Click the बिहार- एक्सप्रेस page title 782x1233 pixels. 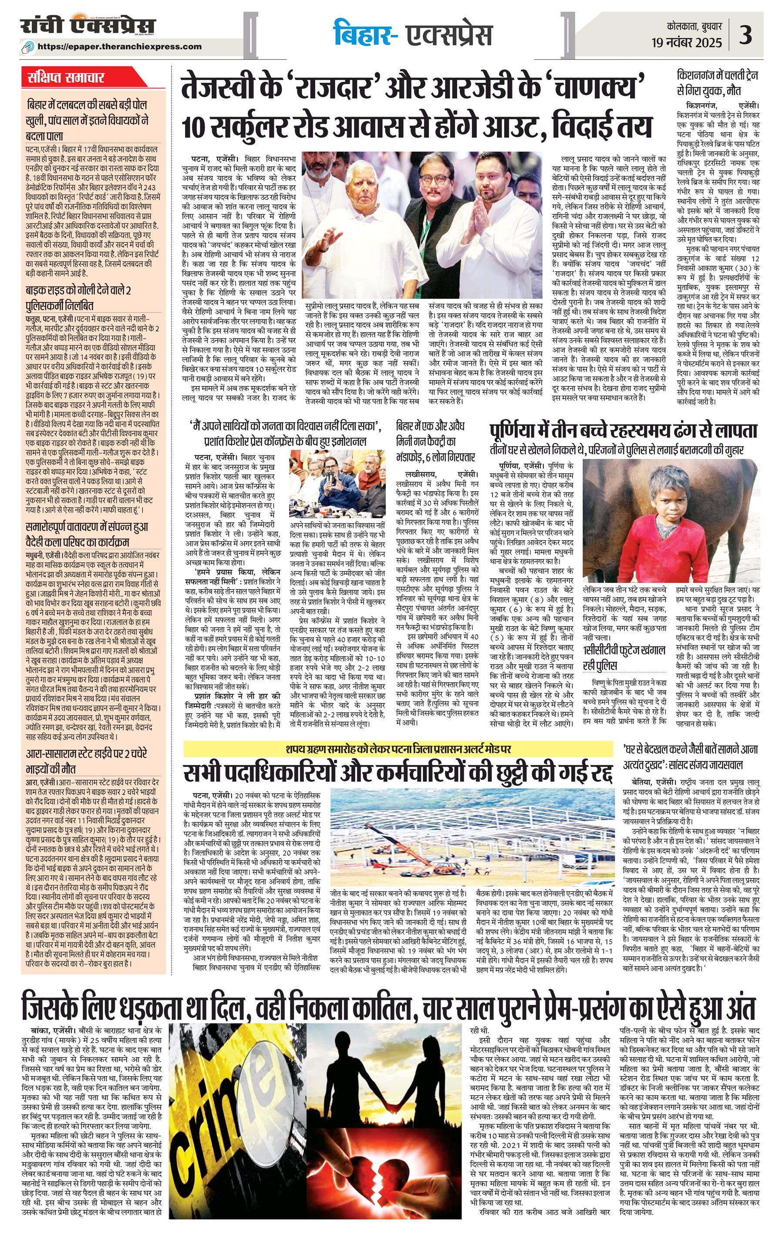[x=413, y=34]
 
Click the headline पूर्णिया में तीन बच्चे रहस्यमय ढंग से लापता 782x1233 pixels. [x=622, y=430]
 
